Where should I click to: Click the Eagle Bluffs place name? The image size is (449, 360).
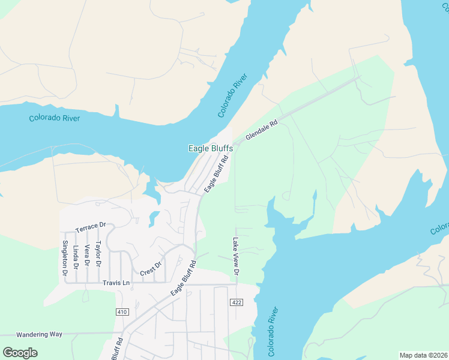pos(211,148)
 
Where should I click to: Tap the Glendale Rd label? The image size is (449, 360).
pos(261,131)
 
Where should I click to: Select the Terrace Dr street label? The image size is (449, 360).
pos(91,227)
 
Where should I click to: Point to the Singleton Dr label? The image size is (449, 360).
pos(65,258)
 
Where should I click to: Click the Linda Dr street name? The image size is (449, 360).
pos(76,257)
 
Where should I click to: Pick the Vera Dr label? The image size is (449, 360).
pos(87,256)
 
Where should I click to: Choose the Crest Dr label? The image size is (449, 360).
pos(151,268)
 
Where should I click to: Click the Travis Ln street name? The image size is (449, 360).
pos(116,283)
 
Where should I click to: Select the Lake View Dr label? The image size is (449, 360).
pos(236,256)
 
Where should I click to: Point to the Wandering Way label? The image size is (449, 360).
pos(39,334)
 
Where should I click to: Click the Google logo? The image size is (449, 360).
pos(20,352)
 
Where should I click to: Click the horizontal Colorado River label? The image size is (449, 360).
pos(54,118)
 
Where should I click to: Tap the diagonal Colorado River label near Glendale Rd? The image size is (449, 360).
pos(233,95)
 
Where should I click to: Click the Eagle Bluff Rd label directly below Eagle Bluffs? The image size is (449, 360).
pos(217,175)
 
